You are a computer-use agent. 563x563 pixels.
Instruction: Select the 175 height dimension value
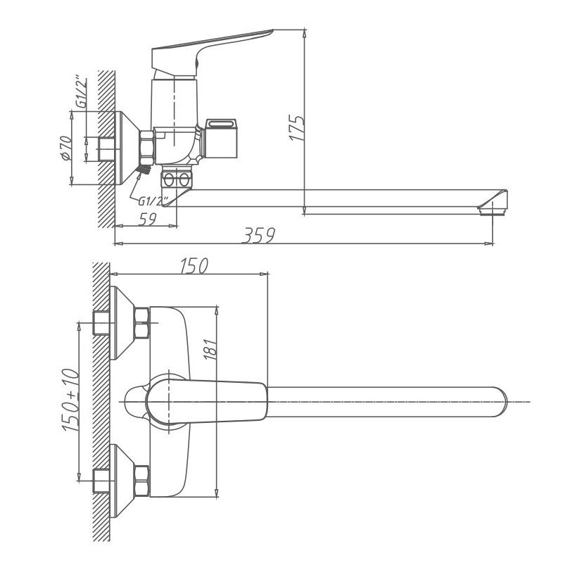(298, 129)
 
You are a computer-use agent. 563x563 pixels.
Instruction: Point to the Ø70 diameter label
(65, 148)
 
